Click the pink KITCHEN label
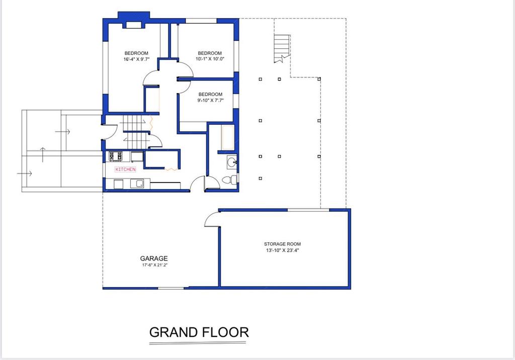click(125, 169)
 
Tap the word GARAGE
click(154, 258)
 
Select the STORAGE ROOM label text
click(283, 244)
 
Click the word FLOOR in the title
click(225, 332)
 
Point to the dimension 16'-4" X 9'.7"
click(137, 59)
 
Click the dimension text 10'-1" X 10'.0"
click(210, 59)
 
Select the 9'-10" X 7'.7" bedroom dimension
click(211, 101)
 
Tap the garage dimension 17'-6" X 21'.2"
click(155, 265)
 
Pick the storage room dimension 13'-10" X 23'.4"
click(283, 250)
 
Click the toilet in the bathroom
click(229, 179)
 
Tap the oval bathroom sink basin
click(232, 162)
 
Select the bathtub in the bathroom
click(228, 138)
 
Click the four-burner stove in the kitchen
click(116, 156)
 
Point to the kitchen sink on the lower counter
click(137, 184)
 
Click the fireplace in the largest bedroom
click(134, 21)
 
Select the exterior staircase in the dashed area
click(282, 48)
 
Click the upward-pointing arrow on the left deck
click(43, 155)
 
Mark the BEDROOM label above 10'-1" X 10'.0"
click(210, 53)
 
